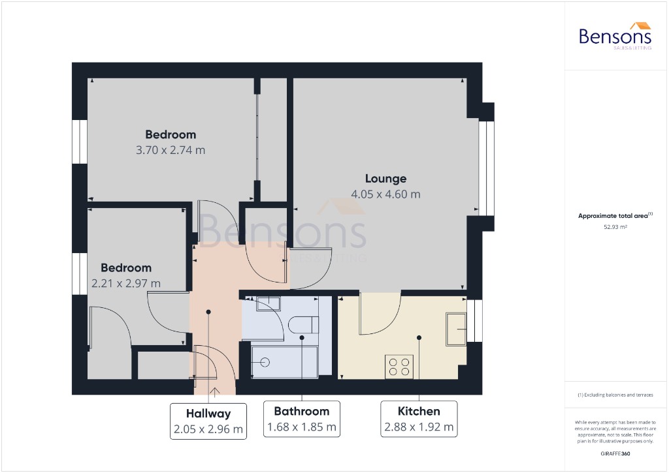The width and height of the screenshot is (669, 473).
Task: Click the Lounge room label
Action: [385, 179]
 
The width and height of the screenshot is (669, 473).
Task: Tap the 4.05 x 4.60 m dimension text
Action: [385, 194]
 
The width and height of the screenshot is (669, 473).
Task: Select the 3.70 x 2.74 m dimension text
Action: [171, 150]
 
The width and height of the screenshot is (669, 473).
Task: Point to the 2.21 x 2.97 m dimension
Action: [126, 283]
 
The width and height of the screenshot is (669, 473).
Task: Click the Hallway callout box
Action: [208, 421]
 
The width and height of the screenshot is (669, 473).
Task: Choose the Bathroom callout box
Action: [301, 420]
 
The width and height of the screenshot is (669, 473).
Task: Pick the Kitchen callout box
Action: [419, 420]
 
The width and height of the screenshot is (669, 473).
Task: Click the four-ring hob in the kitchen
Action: [399, 366]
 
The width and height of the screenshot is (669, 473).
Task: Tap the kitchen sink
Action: [455, 328]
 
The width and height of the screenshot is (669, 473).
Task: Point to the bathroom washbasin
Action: [267, 303]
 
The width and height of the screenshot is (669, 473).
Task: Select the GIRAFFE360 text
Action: [615, 453]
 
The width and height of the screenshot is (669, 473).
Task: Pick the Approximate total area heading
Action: [615, 215]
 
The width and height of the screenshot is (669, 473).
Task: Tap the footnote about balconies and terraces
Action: [615, 395]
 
